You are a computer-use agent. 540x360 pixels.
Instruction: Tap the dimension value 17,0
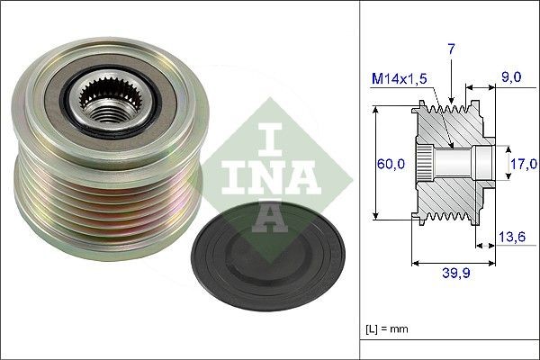click(523, 164)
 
